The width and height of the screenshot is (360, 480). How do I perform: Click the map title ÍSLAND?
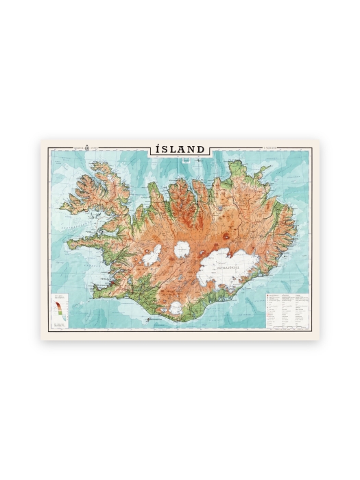[180, 149]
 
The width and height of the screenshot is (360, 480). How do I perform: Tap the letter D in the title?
[200, 149]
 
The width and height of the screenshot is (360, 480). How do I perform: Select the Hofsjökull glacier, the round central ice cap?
[182, 250]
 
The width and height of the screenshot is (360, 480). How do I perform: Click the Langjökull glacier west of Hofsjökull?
[152, 254]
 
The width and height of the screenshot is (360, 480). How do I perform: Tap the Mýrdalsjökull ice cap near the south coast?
[176, 308]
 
